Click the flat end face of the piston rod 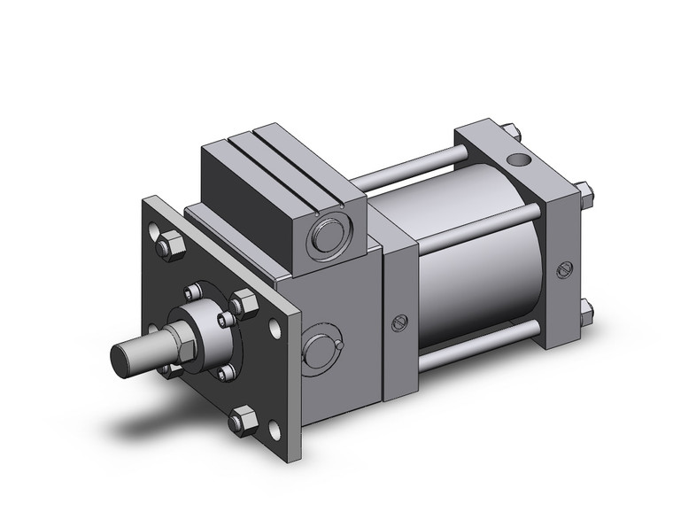click(122, 357)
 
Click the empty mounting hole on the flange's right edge click(280, 329)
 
